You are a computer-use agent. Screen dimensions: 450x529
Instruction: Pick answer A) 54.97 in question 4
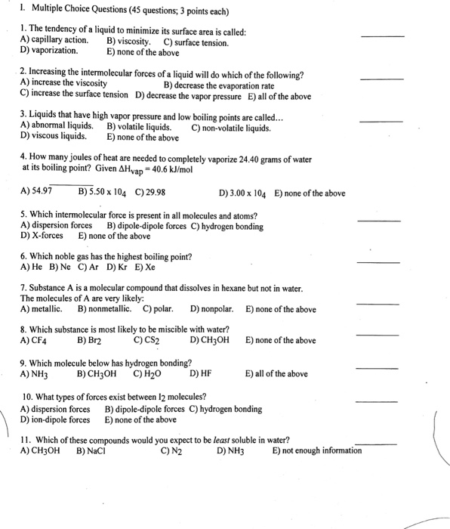click(37, 192)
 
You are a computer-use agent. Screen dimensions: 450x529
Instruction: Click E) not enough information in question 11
click(316, 451)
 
